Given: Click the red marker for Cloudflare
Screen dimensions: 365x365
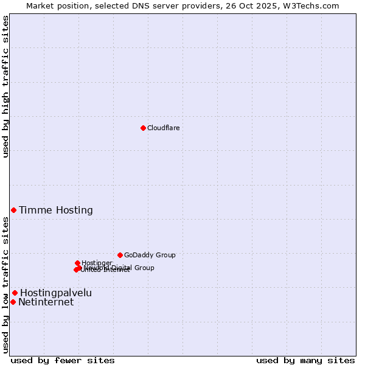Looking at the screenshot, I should (x=143, y=128).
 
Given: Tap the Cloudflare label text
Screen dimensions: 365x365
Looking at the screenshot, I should (x=163, y=128).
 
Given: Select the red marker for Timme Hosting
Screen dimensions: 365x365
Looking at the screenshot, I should (x=13, y=210).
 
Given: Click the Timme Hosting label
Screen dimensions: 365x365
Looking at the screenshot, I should (x=56, y=210).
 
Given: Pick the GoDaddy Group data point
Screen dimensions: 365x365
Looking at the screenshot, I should (x=120, y=255).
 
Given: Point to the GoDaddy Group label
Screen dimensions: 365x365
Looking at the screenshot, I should (x=150, y=255).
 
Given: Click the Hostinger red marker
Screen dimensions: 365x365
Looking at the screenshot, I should (x=77, y=263).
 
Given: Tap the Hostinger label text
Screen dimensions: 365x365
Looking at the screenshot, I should (x=97, y=263).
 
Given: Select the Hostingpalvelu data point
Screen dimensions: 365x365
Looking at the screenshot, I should (x=15, y=293).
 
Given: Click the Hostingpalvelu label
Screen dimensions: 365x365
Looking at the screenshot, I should (x=56, y=293).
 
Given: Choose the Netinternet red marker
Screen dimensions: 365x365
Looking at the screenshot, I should (x=13, y=302).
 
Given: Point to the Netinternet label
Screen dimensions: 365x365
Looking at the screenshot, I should (x=46, y=302).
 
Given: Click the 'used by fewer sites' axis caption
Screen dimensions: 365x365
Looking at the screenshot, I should (x=63, y=360).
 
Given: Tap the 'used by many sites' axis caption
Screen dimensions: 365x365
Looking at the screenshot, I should (x=305, y=360).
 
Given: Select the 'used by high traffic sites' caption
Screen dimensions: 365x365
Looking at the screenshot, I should (x=5, y=86).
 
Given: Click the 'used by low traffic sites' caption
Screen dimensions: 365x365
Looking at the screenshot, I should (x=5, y=285).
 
